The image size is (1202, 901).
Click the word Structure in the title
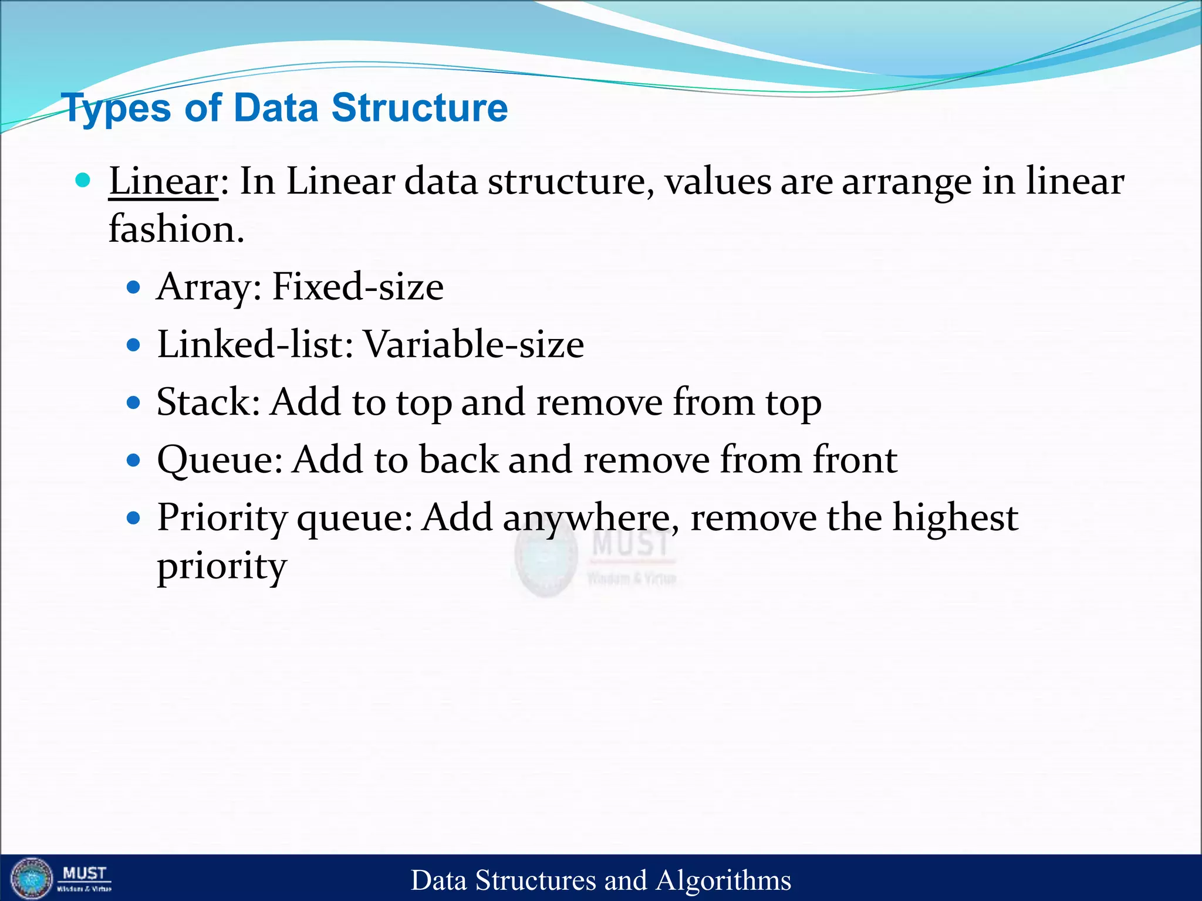419,108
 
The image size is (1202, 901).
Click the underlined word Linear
163,181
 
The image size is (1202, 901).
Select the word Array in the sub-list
203,287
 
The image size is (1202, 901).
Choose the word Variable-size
474,344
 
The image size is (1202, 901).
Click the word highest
955,519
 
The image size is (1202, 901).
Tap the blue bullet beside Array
134,287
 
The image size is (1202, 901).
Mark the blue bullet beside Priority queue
134,518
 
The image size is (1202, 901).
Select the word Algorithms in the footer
723,880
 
